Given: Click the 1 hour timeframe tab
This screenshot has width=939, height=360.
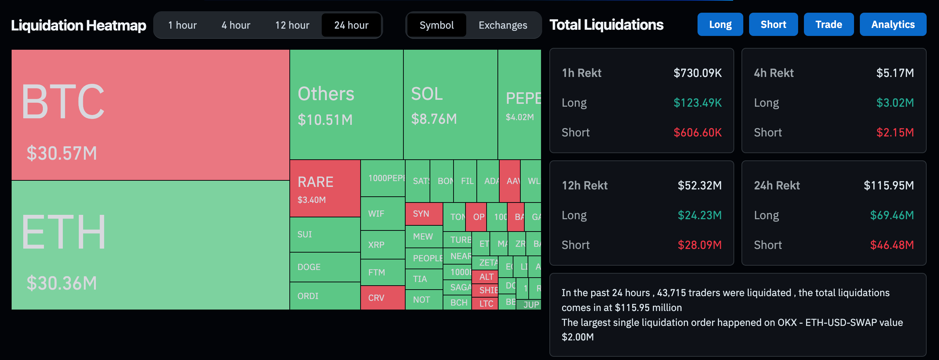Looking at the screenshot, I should click(x=182, y=25).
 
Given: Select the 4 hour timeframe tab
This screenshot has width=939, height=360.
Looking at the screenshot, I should click(x=236, y=25).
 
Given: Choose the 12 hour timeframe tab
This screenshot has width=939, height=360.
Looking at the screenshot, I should click(x=292, y=25).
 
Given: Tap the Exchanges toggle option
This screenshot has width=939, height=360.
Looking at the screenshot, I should click(x=503, y=25).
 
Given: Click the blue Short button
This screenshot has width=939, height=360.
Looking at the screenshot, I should click(x=773, y=24).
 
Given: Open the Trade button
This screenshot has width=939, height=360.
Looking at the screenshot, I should click(x=829, y=24).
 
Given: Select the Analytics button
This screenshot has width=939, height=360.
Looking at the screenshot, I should click(x=893, y=24).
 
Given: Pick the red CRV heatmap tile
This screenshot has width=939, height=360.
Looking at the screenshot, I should click(x=382, y=298).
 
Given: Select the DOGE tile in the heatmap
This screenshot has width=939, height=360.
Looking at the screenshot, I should click(x=324, y=267).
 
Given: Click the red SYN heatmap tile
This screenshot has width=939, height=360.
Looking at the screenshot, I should click(x=424, y=214).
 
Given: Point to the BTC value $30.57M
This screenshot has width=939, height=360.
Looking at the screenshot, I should click(x=62, y=153).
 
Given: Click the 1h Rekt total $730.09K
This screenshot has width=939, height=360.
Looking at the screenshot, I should click(x=697, y=73).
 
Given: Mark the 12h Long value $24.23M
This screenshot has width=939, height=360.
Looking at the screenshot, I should click(x=699, y=215).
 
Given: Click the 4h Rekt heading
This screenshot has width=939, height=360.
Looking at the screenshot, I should click(x=773, y=73).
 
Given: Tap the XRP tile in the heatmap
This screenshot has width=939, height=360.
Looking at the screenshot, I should click(x=382, y=245).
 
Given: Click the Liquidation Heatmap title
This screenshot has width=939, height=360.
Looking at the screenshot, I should click(x=78, y=25).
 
